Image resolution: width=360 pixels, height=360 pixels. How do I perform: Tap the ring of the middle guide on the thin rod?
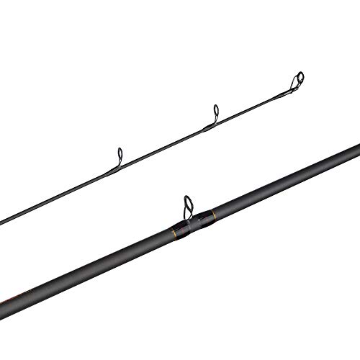click(214, 112)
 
